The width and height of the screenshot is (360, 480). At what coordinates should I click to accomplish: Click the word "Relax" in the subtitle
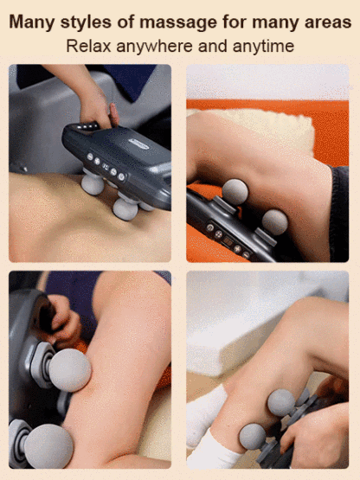pos(88,46)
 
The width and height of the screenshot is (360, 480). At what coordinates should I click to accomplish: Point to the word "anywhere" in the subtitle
pos(154,47)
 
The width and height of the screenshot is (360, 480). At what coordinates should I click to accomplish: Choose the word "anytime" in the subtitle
pos(263,47)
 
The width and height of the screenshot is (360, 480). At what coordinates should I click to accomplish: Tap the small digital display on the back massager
pos(106,167)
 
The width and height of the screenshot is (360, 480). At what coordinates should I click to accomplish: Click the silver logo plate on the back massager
pos(138,144)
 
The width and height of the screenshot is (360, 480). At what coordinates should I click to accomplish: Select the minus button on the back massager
pos(90,157)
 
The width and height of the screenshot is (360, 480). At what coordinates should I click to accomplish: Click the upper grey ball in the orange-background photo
pos(235,192)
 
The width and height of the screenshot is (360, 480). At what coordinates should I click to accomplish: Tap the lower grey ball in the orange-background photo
pos(275,222)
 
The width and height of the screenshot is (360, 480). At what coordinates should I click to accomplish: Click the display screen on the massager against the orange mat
pos(228,241)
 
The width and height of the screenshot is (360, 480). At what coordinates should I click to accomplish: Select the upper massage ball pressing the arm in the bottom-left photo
pos(70,370)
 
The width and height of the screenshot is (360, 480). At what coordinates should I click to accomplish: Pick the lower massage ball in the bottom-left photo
pos(48,445)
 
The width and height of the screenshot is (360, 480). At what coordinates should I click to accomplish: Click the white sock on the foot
pos(211,435)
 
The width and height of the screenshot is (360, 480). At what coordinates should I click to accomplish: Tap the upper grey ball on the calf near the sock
pos(281,402)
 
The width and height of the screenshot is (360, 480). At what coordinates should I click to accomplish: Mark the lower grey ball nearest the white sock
pos(253,437)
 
